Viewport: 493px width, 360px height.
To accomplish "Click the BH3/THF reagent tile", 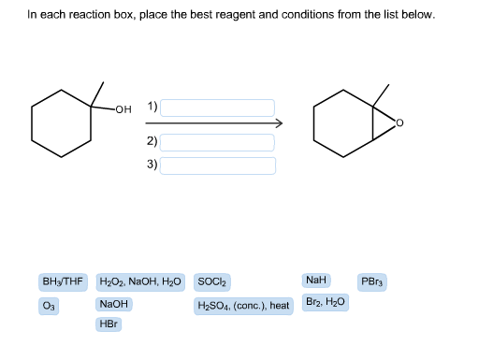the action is [63, 281].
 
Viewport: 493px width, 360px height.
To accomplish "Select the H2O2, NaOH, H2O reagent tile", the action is [140, 281].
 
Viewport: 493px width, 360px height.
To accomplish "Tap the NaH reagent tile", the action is [316, 280].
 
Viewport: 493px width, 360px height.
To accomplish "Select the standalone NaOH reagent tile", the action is [113, 305].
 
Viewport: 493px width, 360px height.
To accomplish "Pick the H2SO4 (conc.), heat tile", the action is [243, 305].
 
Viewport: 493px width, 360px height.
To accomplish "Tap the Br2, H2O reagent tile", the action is [326, 304].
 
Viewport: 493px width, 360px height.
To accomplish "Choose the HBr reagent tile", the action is [109, 324].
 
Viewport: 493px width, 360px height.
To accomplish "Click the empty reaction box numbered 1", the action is [219, 108].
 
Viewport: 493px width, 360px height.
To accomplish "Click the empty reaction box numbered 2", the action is [219, 142].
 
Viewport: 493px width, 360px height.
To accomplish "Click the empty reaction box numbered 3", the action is [219, 166].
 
